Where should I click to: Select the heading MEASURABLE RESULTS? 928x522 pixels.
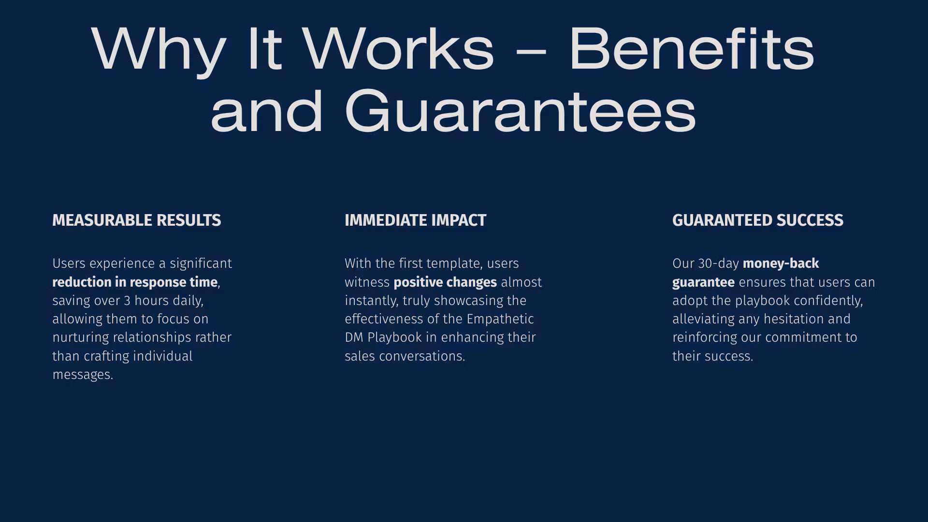137,220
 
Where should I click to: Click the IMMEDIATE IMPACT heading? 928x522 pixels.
416,220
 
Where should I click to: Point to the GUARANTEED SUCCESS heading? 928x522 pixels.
758,220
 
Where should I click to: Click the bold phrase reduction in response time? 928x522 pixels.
135,282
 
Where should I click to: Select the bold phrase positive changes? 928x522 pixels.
445,282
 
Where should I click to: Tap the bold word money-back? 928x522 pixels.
781,263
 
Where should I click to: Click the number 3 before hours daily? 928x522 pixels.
127,301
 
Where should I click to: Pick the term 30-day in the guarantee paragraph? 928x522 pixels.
719,264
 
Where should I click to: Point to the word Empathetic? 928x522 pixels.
500,319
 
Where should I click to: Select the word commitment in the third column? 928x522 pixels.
803,337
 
